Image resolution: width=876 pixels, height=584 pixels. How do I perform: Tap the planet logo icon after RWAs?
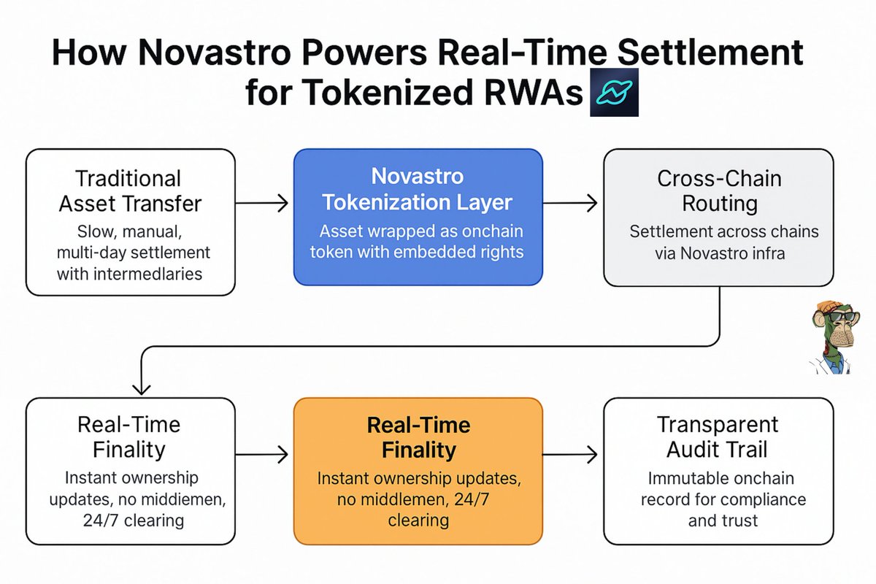pos(614,92)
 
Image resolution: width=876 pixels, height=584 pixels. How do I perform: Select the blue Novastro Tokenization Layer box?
pos(418,217)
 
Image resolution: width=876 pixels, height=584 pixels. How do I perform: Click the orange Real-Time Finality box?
pos(418,471)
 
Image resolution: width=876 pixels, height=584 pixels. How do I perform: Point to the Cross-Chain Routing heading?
pos(719,191)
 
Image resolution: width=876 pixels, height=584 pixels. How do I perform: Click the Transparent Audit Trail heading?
pos(717,437)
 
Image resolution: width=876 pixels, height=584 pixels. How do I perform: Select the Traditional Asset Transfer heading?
pos(130,191)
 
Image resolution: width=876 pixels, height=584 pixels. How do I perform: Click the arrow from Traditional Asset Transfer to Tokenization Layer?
pos(261,203)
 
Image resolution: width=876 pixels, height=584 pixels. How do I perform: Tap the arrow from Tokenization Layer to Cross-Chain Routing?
pos(570,203)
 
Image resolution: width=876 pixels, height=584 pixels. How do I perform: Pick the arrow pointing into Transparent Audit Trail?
pos(570,455)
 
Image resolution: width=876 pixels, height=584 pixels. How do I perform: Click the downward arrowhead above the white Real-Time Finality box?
pos(141,388)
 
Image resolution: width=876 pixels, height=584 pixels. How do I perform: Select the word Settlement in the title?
pos(710,53)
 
